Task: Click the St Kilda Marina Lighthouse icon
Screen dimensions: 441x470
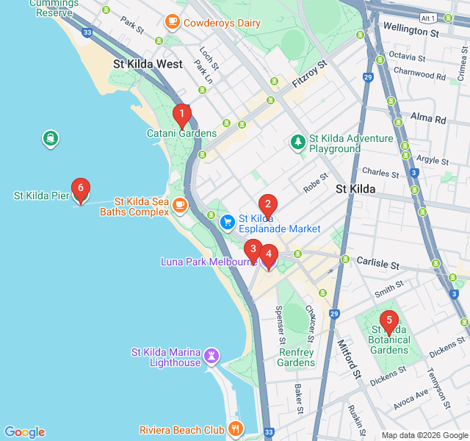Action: [212, 356]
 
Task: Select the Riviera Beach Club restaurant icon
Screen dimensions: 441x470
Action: [236, 429]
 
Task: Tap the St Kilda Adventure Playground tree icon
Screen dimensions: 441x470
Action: [298, 140]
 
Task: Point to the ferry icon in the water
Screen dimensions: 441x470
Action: [51, 138]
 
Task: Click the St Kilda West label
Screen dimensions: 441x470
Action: [148, 64]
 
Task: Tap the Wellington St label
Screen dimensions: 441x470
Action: [411, 31]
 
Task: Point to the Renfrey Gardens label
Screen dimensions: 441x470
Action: [296, 357]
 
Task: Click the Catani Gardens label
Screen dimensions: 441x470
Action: [181, 133]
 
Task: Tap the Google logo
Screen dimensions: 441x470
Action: [24, 432]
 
